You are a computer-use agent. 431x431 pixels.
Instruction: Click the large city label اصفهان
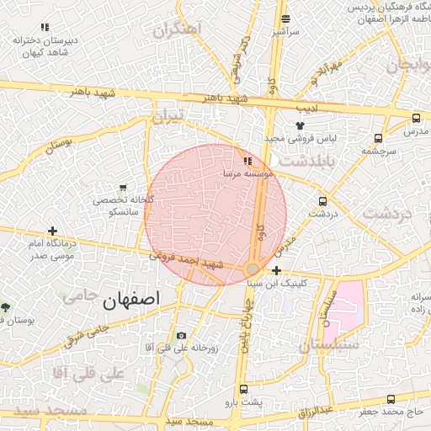click(130, 300)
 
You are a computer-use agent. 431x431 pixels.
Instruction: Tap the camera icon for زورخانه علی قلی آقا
click(181, 336)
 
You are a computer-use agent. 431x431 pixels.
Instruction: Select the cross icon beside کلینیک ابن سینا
click(277, 270)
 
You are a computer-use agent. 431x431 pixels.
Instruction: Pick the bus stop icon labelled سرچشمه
click(378, 139)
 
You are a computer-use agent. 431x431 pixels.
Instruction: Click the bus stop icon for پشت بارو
click(244, 390)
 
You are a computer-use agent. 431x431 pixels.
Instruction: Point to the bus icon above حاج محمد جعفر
click(390, 399)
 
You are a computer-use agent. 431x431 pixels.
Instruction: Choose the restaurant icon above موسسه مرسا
click(247, 160)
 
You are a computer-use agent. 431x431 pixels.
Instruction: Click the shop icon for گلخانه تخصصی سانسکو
click(124, 187)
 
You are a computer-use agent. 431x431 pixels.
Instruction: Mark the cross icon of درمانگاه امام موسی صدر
click(53, 231)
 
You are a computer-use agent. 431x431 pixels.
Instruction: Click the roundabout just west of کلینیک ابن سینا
click(253, 269)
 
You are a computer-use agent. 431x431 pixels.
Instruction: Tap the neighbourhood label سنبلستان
click(329, 345)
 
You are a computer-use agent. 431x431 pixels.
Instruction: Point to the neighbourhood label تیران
click(167, 117)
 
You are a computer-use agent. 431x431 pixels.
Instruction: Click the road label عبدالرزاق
click(318, 412)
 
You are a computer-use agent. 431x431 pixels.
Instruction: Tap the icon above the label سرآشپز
click(285, 19)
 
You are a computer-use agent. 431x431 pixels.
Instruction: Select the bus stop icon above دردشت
click(323, 201)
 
